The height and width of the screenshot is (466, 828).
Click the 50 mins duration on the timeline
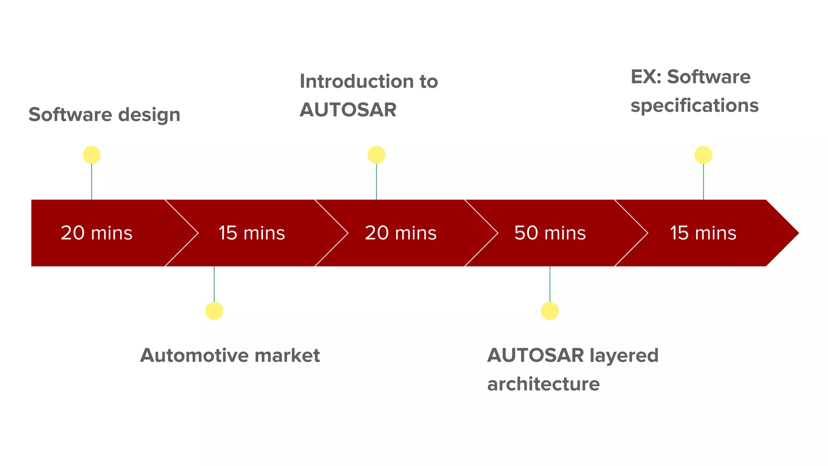coord(550,233)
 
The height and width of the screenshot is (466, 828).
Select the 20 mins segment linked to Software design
coord(97,233)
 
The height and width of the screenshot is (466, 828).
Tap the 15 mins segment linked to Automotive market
coord(251,233)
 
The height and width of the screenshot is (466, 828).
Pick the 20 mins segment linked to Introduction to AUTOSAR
coord(401,233)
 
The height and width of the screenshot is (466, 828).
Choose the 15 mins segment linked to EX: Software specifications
coord(703,233)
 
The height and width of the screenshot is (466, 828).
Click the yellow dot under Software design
coord(92,155)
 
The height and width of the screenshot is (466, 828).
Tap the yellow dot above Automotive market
coord(214,311)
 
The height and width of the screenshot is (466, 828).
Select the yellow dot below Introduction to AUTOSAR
coord(376,155)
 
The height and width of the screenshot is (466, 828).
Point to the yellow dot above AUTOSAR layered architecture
coord(550,311)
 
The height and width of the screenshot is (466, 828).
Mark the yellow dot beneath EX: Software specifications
coord(703,155)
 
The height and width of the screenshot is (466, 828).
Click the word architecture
coord(543,384)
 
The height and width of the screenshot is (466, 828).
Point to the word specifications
coord(695,106)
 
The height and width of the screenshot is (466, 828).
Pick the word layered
coord(624,356)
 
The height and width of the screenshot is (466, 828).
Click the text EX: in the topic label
coord(646,77)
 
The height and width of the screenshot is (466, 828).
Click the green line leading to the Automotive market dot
coord(214,284)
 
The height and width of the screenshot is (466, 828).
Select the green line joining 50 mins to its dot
coord(550,284)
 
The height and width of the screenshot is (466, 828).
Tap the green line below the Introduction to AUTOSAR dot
coord(376,182)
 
